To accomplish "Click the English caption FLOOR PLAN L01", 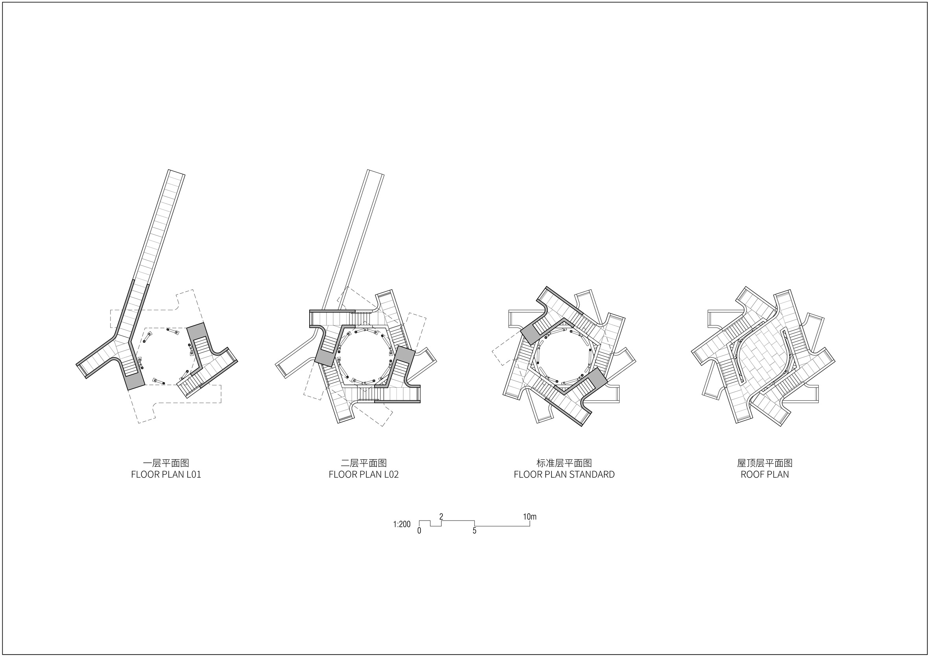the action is [x=166, y=475].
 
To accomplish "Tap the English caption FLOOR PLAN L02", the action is [x=364, y=475].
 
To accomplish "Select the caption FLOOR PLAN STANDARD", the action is [x=564, y=475].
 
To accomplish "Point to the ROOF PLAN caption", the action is [x=765, y=475].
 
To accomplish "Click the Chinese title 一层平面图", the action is [x=166, y=463].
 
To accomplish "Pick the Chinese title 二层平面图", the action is [x=364, y=463].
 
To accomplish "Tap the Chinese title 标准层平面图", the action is [x=564, y=463].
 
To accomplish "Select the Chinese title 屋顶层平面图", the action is [x=765, y=463].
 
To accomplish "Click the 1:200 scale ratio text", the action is [x=401, y=524].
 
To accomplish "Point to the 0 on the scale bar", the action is [x=419, y=531].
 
